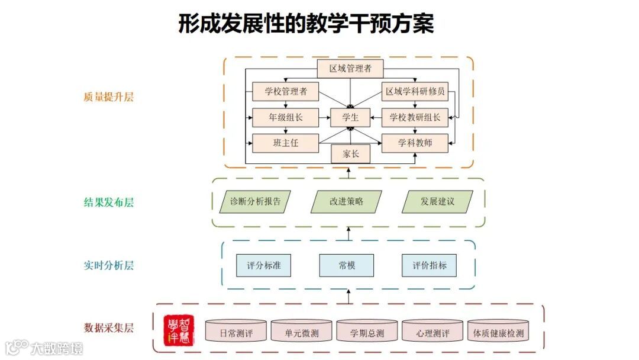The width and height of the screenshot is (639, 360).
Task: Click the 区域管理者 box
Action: (x=350, y=69)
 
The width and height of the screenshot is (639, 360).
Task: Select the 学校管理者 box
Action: (x=285, y=91)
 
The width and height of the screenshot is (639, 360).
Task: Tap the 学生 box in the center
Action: (x=350, y=117)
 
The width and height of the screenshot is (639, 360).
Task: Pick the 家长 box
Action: (x=350, y=154)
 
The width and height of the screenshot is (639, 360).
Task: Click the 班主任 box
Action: (x=285, y=143)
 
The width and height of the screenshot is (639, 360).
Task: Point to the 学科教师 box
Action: (x=415, y=143)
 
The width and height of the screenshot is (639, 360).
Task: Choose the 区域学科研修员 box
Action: (x=415, y=91)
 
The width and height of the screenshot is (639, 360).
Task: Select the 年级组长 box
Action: (x=285, y=117)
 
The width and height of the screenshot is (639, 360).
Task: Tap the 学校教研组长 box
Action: (x=415, y=117)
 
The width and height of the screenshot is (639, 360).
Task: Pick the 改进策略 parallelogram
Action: (x=346, y=201)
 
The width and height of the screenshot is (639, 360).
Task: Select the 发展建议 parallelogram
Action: (x=437, y=201)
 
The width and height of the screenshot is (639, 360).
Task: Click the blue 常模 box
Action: (x=347, y=265)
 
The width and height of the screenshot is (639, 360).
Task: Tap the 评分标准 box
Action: (x=264, y=265)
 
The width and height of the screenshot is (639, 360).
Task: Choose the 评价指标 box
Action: (x=430, y=265)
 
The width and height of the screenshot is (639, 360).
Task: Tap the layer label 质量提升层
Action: (x=109, y=97)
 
